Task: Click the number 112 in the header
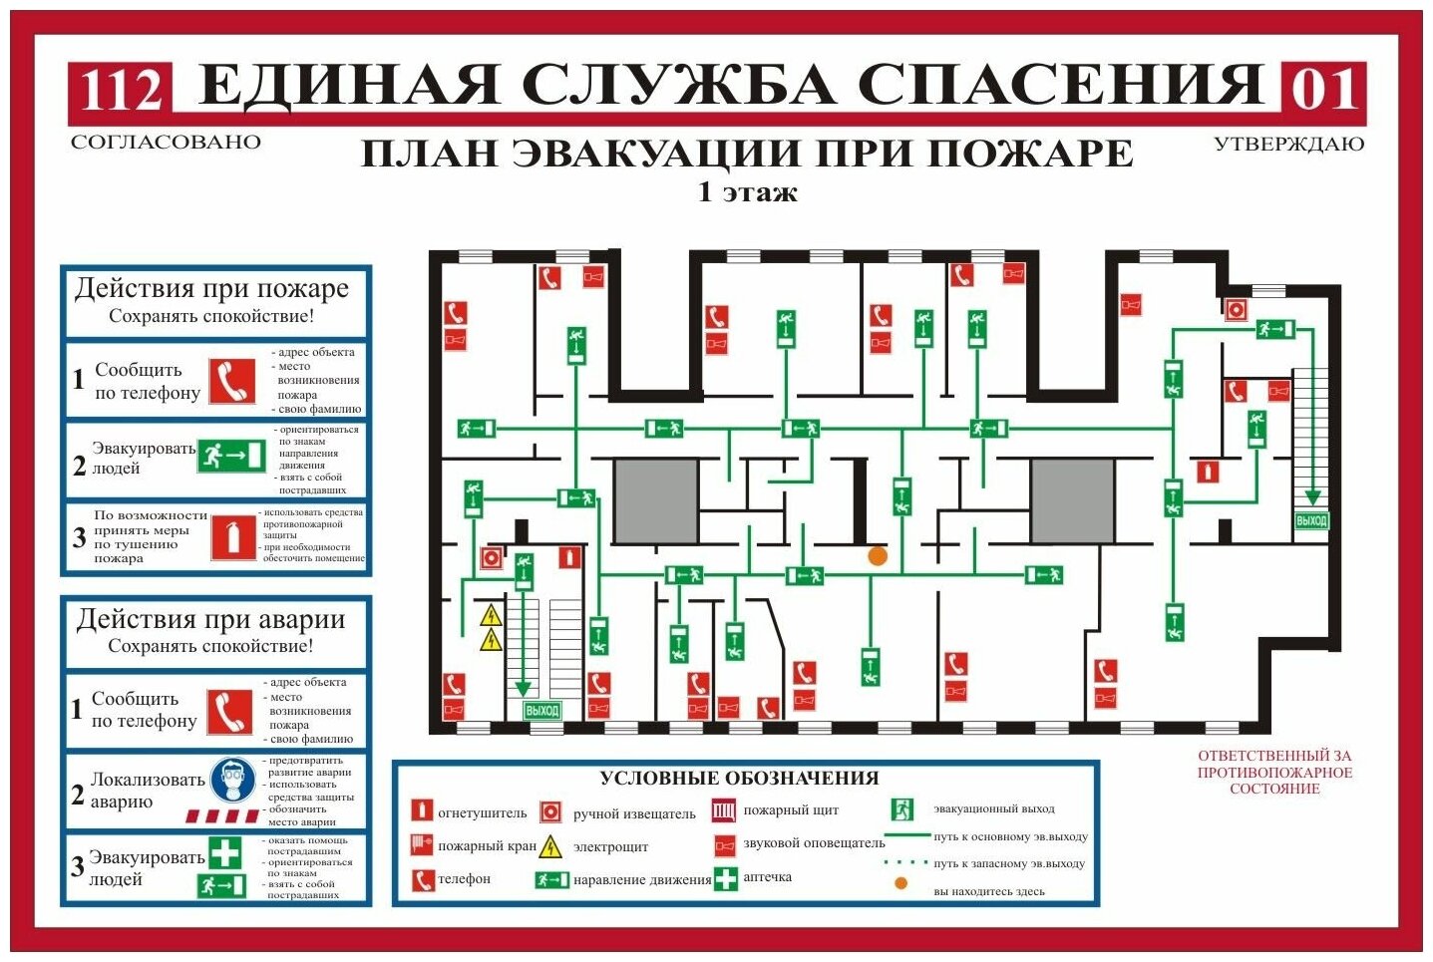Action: [121, 90]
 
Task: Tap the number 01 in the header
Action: [1323, 90]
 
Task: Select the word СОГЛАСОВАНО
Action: [166, 143]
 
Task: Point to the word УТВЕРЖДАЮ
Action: [1288, 145]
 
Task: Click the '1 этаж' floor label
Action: [748, 191]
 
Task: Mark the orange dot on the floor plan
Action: [878, 556]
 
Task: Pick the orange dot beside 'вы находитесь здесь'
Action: [901, 883]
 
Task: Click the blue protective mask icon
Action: [231, 781]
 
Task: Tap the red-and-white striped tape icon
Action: [222, 816]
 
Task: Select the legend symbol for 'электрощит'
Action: [550, 847]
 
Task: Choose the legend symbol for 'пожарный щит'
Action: [724, 810]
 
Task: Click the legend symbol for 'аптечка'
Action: [726, 879]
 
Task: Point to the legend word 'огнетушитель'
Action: [483, 813]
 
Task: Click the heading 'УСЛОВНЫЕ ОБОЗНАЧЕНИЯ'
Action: [739, 779]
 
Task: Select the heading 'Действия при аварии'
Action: [210, 619]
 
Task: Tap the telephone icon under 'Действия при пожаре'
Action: [232, 381]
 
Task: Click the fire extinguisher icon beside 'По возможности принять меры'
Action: [232, 537]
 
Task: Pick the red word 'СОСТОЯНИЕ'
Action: [1274, 789]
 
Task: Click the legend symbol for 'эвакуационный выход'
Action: [902, 809]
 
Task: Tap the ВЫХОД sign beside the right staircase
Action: [1311, 521]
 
